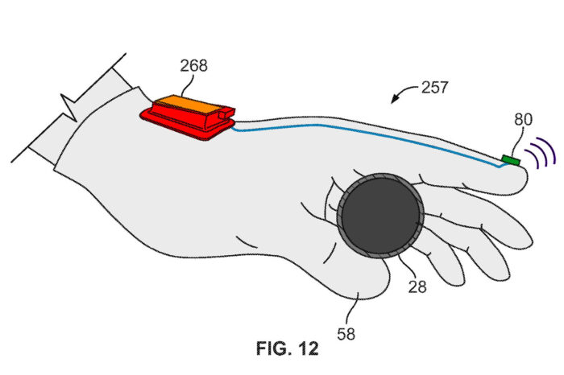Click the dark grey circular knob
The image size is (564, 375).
[x=379, y=213]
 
